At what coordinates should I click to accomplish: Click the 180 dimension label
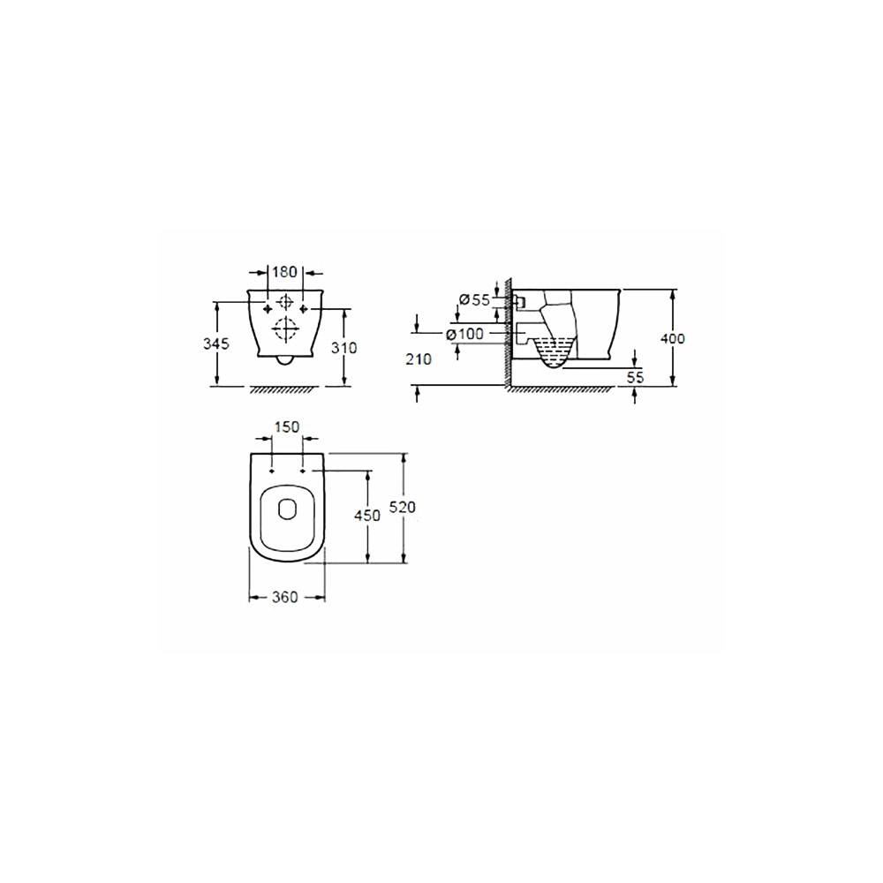(284, 272)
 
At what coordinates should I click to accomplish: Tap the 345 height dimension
(216, 343)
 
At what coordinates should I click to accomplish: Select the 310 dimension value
(343, 348)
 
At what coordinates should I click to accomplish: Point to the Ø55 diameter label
(474, 299)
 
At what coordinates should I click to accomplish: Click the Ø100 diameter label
(464, 334)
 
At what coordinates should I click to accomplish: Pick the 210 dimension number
(419, 358)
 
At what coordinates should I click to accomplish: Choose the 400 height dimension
(672, 338)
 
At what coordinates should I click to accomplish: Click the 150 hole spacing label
(287, 427)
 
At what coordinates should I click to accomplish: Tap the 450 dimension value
(367, 515)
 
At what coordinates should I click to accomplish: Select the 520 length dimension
(403, 508)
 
